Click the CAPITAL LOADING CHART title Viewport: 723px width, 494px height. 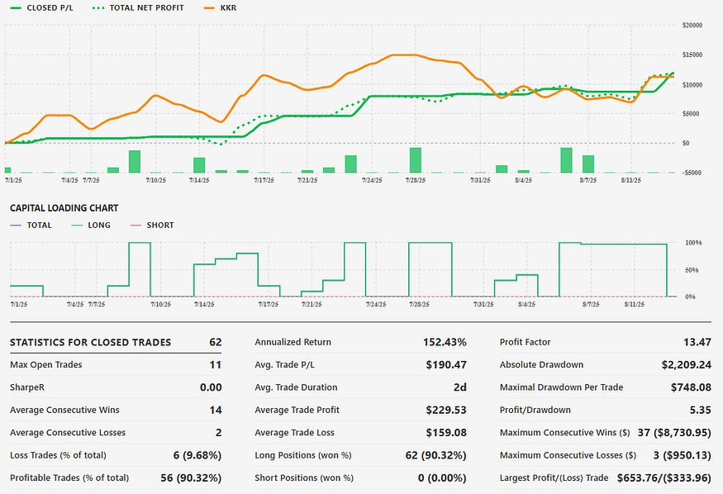click(64, 208)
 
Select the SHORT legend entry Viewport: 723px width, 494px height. click(155, 225)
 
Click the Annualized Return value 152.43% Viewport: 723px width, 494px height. click(445, 342)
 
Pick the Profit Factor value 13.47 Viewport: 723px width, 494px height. click(699, 342)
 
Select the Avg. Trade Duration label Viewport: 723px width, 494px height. click(295, 387)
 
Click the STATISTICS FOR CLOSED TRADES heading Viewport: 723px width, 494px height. click(91, 342)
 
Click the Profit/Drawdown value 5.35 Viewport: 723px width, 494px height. click(701, 410)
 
